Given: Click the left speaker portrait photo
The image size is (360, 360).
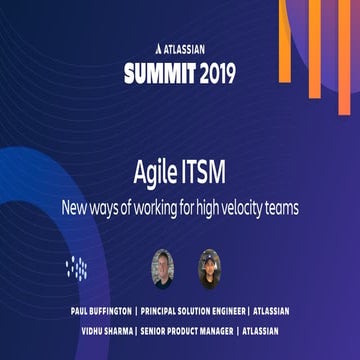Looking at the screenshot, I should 164,265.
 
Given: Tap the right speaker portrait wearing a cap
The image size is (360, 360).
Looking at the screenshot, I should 210,265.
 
